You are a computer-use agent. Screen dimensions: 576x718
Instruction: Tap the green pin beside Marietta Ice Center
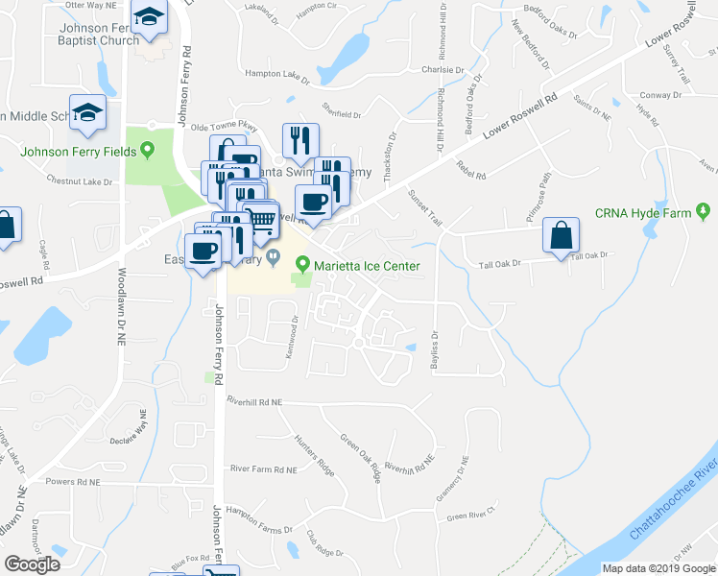click(x=303, y=263)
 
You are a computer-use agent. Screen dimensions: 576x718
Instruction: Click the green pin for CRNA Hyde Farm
click(x=704, y=211)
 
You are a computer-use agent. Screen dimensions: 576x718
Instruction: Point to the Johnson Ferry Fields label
click(x=80, y=150)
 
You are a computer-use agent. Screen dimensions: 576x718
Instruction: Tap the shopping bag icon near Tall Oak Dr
click(x=561, y=236)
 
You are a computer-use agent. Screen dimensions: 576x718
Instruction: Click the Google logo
click(x=32, y=564)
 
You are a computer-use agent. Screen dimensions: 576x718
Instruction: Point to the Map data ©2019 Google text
click(x=658, y=568)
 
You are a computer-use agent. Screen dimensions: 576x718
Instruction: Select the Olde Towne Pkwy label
click(x=225, y=126)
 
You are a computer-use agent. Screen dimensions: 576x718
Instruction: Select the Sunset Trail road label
click(x=425, y=207)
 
